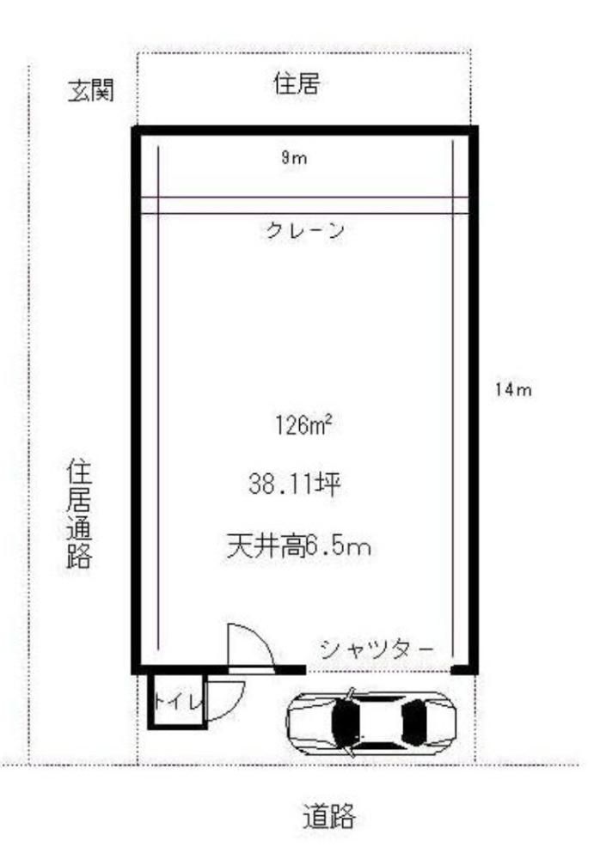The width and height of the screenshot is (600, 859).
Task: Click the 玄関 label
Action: pyautogui.click(x=91, y=90)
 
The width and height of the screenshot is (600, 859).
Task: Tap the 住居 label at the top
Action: pyautogui.click(x=297, y=84)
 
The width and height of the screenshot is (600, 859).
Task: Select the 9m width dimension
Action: pyautogui.click(x=294, y=158)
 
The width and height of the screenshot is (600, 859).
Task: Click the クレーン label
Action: pyautogui.click(x=305, y=229)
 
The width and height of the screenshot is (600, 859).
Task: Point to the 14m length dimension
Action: pyautogui.click(x=513, y=389)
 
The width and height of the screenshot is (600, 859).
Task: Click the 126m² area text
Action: pyautogui.click(x=303, y=424)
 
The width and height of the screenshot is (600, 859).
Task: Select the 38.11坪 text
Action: pyautogui.click(x=295, y=484)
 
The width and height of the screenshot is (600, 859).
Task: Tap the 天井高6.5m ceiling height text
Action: pyautogui.click(x=299, y=546)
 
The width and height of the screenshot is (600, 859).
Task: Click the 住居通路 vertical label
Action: pyautogui.click(x=79, y=515)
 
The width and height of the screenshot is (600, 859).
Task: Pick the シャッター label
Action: pyautogui.click(x=377, y=649)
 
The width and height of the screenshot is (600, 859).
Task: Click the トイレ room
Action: pyautogui.click(x=176, y=701)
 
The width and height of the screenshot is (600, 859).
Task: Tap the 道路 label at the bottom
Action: pyautogui.click(x=329, y=816)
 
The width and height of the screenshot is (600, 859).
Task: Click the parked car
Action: pyautogui.click(x=371, y=722)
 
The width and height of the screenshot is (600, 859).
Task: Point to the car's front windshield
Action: pyautogui.click(x=344, y=722)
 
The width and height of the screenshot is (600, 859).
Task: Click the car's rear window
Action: pyautogui.click(x=414, y=722)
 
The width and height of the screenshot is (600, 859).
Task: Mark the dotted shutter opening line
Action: pyautogui.click(x=378, y=671)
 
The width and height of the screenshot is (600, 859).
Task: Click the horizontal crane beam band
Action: pyautogui.click(x=305, y=205)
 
